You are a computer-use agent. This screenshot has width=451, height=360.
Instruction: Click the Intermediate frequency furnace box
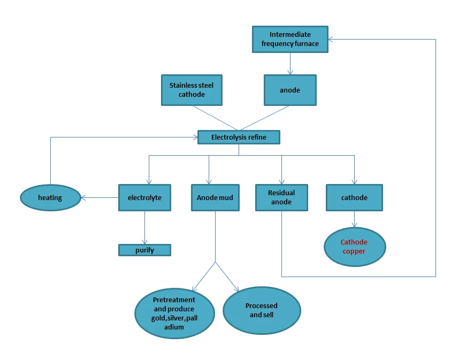(x=289, y=39)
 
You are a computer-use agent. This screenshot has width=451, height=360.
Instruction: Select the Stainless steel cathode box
(x=192, y=90)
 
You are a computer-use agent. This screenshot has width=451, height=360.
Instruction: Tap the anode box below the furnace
(x=290, y=90)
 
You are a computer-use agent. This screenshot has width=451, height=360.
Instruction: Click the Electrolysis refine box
(x=239, y=137)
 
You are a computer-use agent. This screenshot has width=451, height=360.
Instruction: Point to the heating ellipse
(x=50, y=197)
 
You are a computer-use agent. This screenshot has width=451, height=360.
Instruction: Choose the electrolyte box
(x=144, y=197)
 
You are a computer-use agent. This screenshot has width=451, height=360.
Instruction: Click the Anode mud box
(x=215, y=197)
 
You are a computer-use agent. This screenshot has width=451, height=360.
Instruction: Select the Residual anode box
(x=281, y=197)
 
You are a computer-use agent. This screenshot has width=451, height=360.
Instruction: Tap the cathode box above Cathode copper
(x=354, y=197)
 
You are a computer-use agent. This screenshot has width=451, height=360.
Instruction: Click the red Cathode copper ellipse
(x=354, y=247)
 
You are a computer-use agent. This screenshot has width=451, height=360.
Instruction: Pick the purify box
(x=144, y=250)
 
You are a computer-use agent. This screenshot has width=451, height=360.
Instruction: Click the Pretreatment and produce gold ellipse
(x=174, y=313)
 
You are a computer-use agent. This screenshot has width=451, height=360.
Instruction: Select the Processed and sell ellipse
(x=261, y=310)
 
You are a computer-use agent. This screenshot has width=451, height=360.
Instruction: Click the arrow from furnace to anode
(x=290, y=64)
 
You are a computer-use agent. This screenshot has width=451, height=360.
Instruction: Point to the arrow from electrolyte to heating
(x=100, y=197)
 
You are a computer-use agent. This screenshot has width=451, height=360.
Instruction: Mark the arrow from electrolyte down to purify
(x=144, y=227)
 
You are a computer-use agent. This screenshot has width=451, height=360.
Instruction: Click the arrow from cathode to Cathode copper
(x=354, y=219)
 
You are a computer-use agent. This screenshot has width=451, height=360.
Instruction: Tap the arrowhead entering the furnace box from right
(x=332, y=39)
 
